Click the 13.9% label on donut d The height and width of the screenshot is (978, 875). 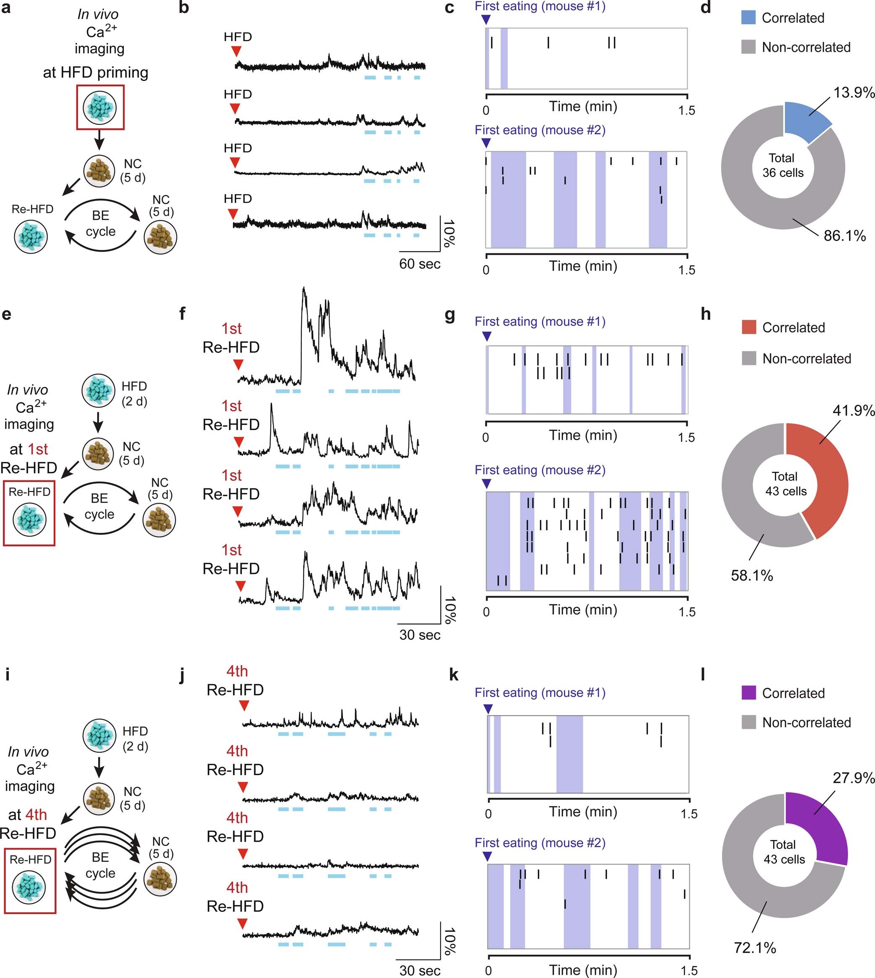[853, 92]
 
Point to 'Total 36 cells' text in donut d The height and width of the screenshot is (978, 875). [782, 165]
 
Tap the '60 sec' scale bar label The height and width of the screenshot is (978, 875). [419, 264]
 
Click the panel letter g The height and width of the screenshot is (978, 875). [450, 315]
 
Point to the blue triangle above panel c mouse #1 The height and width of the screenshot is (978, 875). [486, 20]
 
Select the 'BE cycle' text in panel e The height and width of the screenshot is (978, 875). [99, 506]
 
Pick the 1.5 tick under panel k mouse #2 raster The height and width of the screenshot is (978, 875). [689, 970]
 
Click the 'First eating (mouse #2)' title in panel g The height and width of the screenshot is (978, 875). [540, 470]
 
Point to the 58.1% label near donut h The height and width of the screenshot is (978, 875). [751, 575]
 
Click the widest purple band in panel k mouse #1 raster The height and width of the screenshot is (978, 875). [569, 754]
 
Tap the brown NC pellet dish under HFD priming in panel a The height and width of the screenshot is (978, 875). [99, 171]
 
